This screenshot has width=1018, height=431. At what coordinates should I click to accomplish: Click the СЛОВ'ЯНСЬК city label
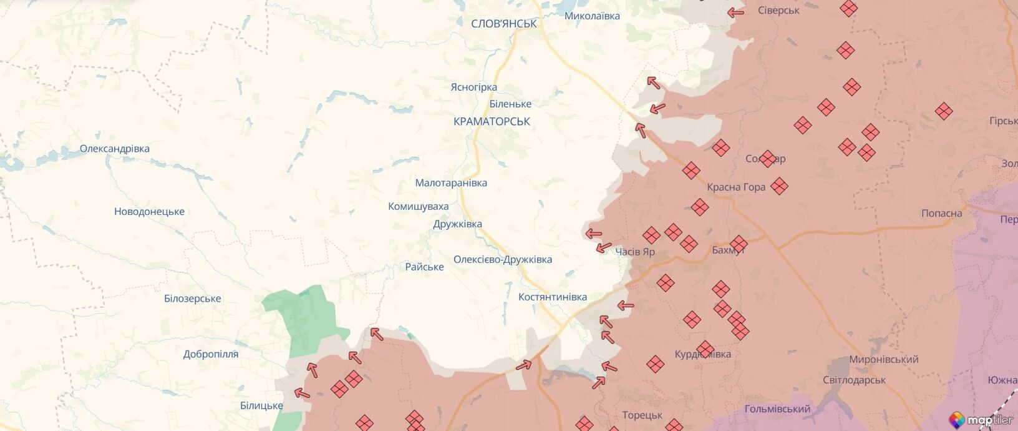tap(503, 24)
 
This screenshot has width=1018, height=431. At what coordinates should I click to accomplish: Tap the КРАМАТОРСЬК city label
tap(492, 121)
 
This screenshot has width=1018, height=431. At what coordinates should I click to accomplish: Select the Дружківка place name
tap(457, 224)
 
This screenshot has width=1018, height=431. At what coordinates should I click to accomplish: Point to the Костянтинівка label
tap(552, 297)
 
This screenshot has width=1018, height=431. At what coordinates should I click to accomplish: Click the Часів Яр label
tap(635, 252)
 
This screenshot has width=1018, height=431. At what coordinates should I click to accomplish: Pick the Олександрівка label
tap(114, 149)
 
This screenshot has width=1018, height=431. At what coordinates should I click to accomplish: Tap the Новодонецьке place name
tap(149, 212)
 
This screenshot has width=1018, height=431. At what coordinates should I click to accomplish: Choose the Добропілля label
tap(211, 354)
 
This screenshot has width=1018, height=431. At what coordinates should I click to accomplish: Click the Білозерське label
tap(192, 299)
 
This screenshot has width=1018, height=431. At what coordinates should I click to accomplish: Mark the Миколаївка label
tap(591, 16)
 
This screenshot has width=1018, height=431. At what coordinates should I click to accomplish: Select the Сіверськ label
tap(778, 11)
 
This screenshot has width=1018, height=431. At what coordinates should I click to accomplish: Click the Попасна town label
tap(941, 214)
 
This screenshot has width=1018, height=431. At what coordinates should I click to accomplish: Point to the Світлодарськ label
tap(854, 380)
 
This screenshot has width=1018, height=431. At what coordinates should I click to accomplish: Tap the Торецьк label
tap(642, 415)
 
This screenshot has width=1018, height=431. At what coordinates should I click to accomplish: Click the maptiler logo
tap(981, 420)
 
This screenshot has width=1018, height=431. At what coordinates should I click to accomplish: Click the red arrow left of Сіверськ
tap(735, 12)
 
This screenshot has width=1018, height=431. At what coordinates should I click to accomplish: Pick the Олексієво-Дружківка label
tap(502, 260)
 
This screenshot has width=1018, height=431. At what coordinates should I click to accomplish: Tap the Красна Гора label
tap(735, 187)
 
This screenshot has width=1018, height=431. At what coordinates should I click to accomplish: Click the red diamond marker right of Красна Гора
tap(779, 186)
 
